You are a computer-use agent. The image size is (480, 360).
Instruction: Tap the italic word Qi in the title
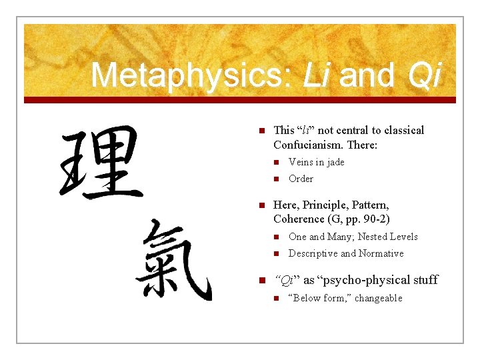[423, 75]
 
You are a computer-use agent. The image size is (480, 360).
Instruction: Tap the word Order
[301, 179]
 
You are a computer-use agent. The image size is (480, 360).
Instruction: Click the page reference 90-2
[373, 219]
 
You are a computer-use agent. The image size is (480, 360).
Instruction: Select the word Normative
[381, 253]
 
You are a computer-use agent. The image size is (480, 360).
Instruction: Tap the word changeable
[379, 298]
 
